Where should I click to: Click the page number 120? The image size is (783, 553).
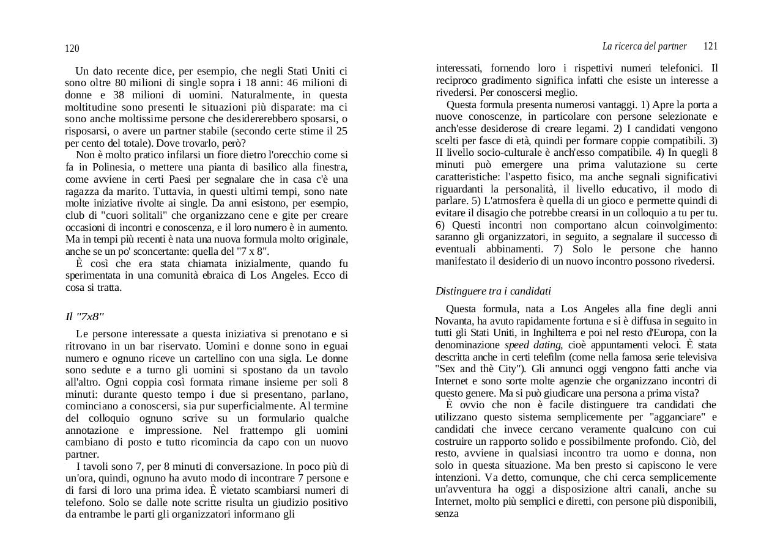coord(72,49)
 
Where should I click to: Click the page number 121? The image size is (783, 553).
coord(710,46)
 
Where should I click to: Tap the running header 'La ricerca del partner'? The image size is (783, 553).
coord(644,46)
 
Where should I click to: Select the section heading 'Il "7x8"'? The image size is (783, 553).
coord(84,317)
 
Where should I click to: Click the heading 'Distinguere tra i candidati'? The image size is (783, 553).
coord(493,291)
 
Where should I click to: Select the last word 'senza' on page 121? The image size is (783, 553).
coord(447,513)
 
